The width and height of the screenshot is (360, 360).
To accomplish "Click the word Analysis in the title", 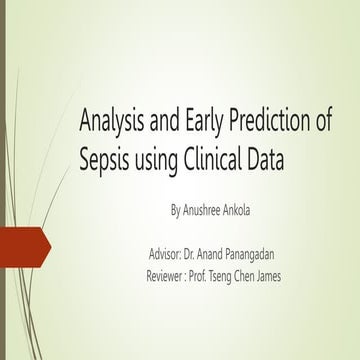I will coord(112,124).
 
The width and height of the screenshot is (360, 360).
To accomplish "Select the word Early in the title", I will coord(207,124).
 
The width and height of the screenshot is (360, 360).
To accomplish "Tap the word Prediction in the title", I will coord(274,124).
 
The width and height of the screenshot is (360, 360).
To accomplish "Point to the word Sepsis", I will coord(106,157).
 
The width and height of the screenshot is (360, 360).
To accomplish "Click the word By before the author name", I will coord(178,211).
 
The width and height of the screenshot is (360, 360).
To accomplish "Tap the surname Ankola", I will coord(264,211).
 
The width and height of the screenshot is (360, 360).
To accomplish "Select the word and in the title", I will coord(170,124).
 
